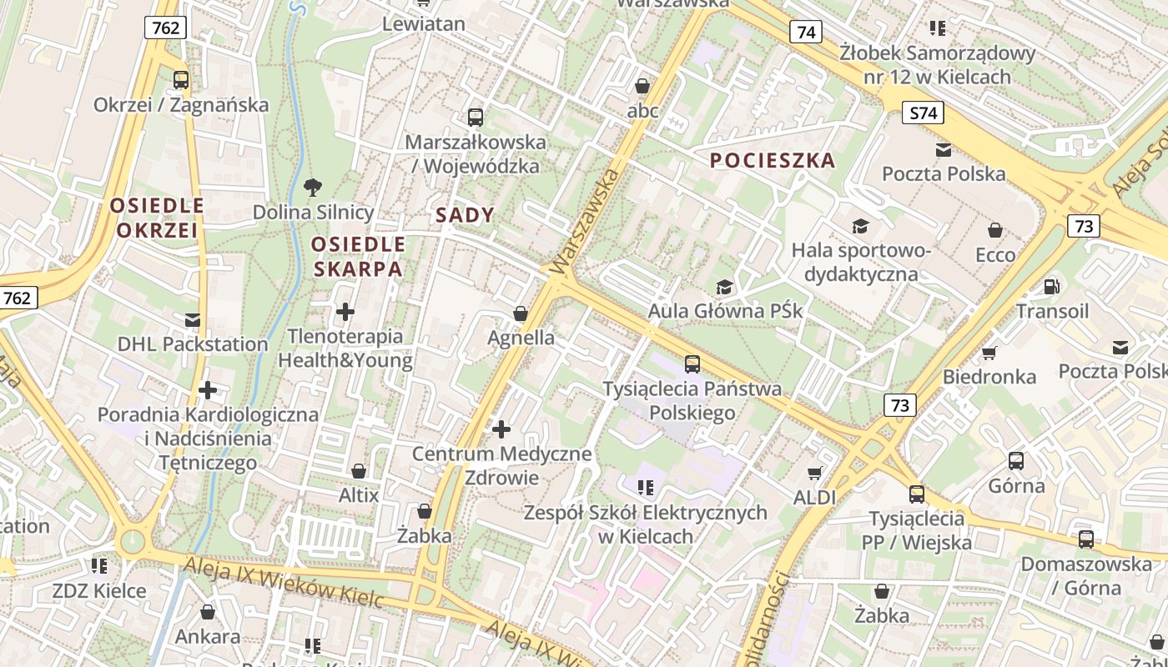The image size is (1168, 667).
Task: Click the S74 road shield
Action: [x=923, y=113]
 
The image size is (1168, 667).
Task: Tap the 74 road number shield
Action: [x=805, y=32]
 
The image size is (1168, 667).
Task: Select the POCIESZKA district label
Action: [x=773, y=161]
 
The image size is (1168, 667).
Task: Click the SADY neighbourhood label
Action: [x=465, y=215]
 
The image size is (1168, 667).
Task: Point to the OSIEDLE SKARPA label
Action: [x=358, y=257]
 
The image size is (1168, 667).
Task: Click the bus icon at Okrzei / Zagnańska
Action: [x=181, y=81]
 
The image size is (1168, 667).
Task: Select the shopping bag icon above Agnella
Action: [x=521, y=313]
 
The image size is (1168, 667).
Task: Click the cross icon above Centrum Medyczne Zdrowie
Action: [x=501, y=429]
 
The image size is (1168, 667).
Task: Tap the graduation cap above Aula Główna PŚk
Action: [x=724, y=288]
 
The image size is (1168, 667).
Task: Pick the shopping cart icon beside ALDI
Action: [x=815, y=473]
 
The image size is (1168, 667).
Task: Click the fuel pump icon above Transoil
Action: [x=1052, y=287]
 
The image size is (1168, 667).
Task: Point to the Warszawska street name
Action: [x=587, y=218]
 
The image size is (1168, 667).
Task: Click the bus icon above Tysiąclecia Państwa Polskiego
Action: [x=692, y=364]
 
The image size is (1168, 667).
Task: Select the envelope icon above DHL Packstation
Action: [x=193, y=319]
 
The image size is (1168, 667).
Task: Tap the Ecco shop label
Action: [x=994, y=255]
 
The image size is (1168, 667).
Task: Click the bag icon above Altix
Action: [x=359, y=471]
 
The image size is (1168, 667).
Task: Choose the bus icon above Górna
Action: [x=1015, y=461]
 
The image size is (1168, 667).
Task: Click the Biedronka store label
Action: [x=989, y=377]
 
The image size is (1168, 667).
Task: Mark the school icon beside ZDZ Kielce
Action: [x=99, y=566]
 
